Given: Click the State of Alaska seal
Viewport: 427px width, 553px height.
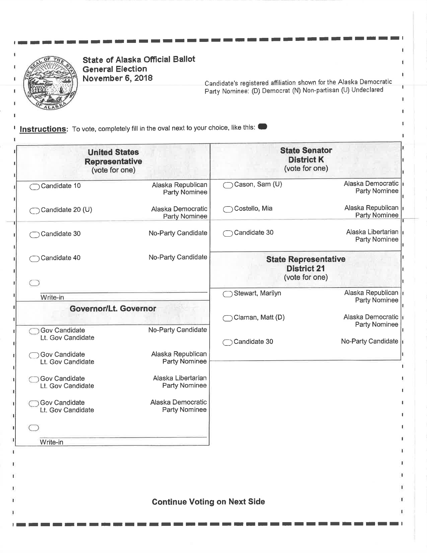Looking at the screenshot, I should click(x=50, y=83).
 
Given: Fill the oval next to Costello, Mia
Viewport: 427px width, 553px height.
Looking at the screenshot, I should click(x=228, y=209).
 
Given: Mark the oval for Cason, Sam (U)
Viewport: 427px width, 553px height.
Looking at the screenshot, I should click(x=228, y=185).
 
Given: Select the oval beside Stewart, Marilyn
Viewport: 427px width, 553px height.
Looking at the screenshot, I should click(x=228, y=294).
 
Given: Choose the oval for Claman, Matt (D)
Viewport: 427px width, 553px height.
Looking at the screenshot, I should click(x=228, y=318).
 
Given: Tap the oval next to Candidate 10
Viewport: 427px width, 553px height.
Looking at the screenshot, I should click(x=34, y=187).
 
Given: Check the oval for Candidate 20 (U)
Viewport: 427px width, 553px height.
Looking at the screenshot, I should click(x=34, y=211).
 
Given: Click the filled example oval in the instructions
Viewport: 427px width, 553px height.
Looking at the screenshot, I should click(x=263, y=127).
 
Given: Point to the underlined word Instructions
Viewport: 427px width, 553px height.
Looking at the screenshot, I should click(x=43, y=129).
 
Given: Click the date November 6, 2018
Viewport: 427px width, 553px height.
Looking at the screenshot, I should click(x=118, y=78).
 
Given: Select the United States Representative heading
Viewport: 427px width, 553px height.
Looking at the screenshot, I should click(x=113, y=161).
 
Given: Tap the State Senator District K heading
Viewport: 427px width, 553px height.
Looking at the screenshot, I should click(x=306, y=159).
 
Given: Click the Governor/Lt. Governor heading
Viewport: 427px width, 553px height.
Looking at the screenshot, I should click(x=113, y=309).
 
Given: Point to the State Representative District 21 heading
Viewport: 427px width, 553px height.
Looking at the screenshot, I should click(x=305, y=268).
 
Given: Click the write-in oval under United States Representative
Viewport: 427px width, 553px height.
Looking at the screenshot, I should click(x=34, y=283).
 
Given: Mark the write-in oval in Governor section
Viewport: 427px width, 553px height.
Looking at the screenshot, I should click(x=34, y=428).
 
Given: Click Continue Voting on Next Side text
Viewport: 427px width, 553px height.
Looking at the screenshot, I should click(x=208, y=502).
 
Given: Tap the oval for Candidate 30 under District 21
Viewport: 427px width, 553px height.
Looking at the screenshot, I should click(x=228, y=343).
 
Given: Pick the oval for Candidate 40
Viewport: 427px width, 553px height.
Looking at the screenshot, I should click(x=34, y=259).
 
